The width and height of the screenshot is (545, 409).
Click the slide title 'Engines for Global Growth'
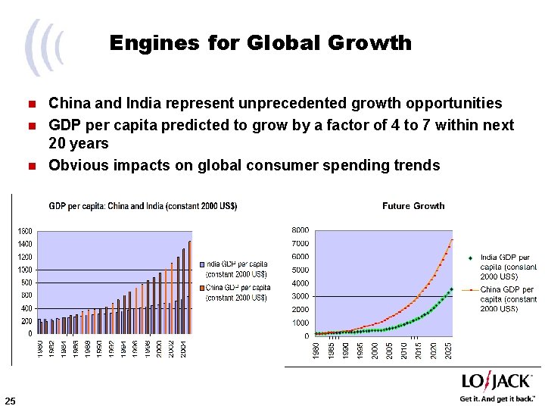260,42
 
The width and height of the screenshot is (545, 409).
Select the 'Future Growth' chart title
413,206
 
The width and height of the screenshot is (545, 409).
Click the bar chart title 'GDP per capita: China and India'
143,206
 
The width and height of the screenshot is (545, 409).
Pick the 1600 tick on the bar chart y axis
24,230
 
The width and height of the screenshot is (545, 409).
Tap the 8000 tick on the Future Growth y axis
301,230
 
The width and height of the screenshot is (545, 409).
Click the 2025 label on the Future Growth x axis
449,350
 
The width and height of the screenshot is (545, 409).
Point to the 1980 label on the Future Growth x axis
316,350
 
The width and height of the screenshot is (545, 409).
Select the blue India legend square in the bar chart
202,264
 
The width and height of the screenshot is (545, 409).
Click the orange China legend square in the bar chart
202,288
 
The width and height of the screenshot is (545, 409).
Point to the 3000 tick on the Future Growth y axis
301,296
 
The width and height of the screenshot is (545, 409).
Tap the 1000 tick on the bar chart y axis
24,270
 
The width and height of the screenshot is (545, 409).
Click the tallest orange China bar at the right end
190,287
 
